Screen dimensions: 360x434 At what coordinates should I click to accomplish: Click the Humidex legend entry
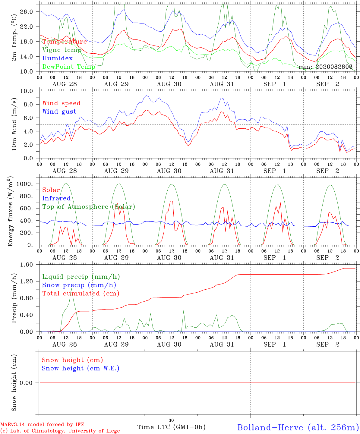(57, 58)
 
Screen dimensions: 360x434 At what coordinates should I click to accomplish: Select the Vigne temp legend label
(62, 50)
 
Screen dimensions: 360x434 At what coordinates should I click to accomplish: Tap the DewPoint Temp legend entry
(69, 67)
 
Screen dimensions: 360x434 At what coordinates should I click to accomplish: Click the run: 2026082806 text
(325, 67)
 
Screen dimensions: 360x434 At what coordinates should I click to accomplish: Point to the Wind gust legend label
(59, 112)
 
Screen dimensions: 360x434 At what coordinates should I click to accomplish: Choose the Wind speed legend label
(61, 103)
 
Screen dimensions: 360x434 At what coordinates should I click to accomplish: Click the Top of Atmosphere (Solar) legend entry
(89, 207)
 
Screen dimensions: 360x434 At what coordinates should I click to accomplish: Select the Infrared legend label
(56, 198)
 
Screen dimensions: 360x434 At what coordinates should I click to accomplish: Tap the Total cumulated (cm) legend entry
(81, 293)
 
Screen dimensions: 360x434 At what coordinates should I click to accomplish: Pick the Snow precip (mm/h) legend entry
(79, 285)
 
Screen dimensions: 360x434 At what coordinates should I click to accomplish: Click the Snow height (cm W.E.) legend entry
(81, 368)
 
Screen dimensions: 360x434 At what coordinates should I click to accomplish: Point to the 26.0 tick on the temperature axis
(27, 12)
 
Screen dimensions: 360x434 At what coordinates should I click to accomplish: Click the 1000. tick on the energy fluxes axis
(24, 184)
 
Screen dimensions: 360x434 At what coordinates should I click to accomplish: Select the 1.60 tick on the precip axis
(27, 265)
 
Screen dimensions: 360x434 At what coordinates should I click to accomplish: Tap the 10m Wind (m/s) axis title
(14, 124)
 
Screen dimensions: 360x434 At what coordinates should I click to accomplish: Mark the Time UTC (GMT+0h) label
(171, 427)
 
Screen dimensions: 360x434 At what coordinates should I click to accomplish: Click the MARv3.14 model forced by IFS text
(42, 424)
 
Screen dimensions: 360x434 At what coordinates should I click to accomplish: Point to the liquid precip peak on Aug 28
(71, 288)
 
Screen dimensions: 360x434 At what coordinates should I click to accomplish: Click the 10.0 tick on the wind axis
(27, 91)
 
